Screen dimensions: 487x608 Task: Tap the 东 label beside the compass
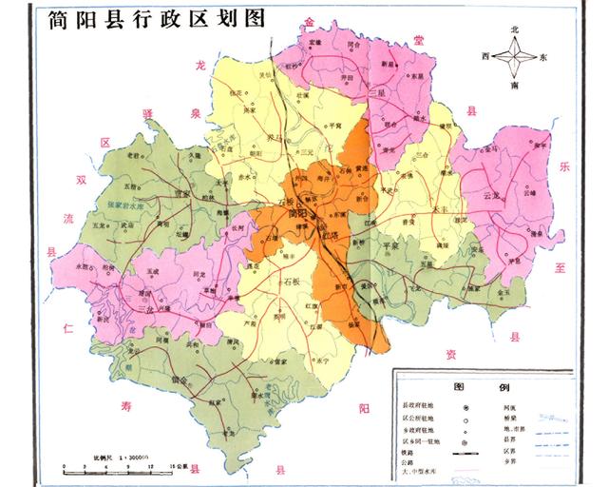(542, 58)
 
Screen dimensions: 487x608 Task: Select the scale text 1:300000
(123, 458)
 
